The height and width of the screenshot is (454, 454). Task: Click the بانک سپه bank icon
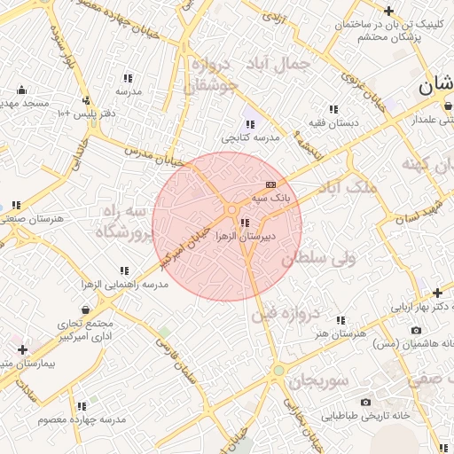(x=270, y=184)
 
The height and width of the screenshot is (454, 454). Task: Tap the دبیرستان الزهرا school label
(x=273, y=237)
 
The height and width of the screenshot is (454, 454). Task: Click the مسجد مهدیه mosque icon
(x=21, y=90)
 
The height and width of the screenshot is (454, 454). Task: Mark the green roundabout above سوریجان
(x=278, y=370)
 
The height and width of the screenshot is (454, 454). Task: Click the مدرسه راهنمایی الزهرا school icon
(x=124, y=270)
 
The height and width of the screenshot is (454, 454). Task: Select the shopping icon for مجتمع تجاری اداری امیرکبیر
(x=84, y=309)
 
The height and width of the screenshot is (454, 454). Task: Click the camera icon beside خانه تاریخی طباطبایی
(x=365, y=402)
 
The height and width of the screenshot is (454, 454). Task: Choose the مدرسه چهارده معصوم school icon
(x=82, y=405)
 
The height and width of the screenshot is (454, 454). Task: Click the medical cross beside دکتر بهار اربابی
(x=437, y=293)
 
